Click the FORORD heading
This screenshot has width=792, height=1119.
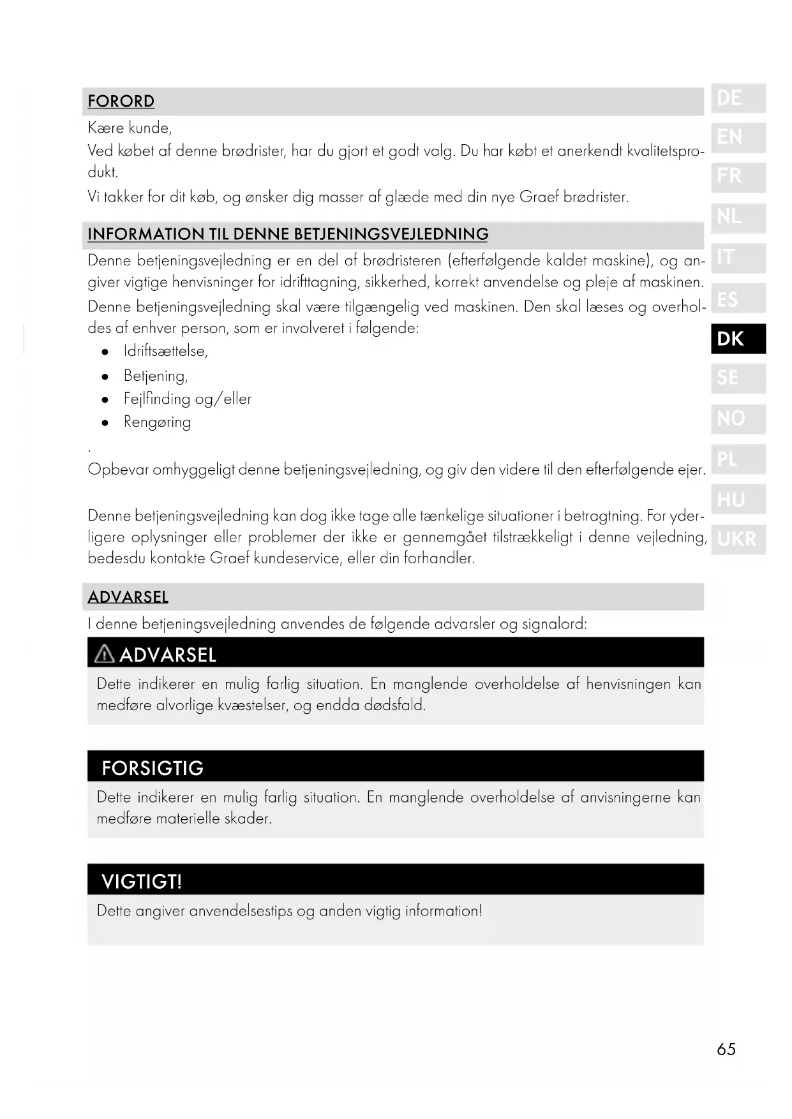(121, 101)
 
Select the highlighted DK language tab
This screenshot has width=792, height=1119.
(738, 339)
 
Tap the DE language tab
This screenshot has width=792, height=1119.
(738, 98)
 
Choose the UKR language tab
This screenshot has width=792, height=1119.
(738, 540)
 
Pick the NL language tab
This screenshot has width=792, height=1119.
(738, 218)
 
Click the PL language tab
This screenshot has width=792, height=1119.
(738, 459)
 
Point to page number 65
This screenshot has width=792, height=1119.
(726, 1049)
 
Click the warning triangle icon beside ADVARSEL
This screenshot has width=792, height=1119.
(104, 654)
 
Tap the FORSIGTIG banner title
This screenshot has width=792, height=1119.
(153, 768)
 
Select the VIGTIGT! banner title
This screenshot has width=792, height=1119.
(142, 882)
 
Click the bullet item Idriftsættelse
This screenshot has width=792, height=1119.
(165, 352)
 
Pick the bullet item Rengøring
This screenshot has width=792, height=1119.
(157, 422)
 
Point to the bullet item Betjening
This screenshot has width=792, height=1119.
(155, 376)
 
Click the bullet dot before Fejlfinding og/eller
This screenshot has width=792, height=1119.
(105, 400)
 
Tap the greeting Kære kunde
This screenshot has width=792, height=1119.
(130, 128)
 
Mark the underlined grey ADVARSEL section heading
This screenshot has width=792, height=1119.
(128, 597)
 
